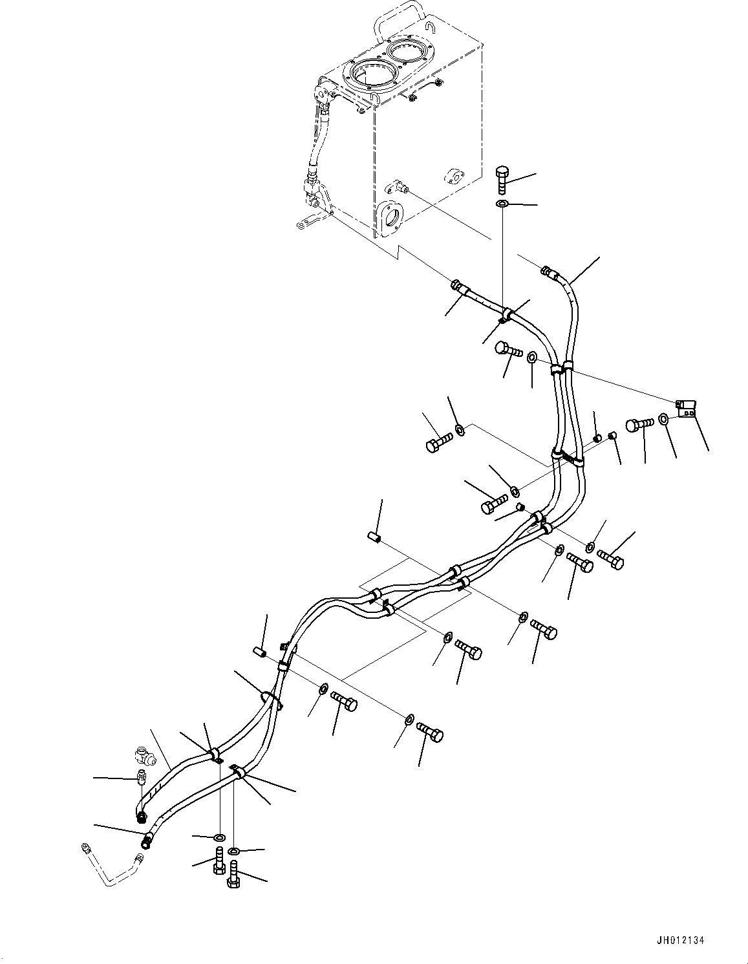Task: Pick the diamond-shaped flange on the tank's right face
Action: coord(454,177)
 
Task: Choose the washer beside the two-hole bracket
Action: coord(665,420)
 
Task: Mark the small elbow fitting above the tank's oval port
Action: coord(396,187)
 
